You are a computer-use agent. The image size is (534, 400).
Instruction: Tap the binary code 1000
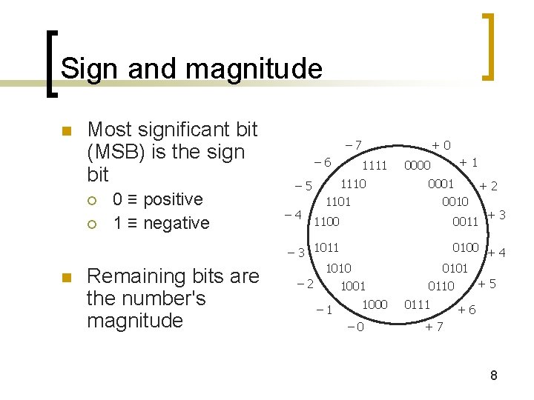(375, 304)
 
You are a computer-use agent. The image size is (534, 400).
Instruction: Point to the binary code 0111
(417, 304)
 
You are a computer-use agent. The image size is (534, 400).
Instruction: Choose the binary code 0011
(466, 221)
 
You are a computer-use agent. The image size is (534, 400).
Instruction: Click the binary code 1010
(338, 268)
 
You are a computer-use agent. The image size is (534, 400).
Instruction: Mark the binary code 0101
(455, 268)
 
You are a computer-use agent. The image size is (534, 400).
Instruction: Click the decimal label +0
(442, 146)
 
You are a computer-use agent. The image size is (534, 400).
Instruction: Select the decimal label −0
(355, 327)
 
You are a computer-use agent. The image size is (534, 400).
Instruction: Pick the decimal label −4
(293, 216)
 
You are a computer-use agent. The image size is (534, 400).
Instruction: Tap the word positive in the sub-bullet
(173, 199)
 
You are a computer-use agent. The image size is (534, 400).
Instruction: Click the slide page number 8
(493, 376)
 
